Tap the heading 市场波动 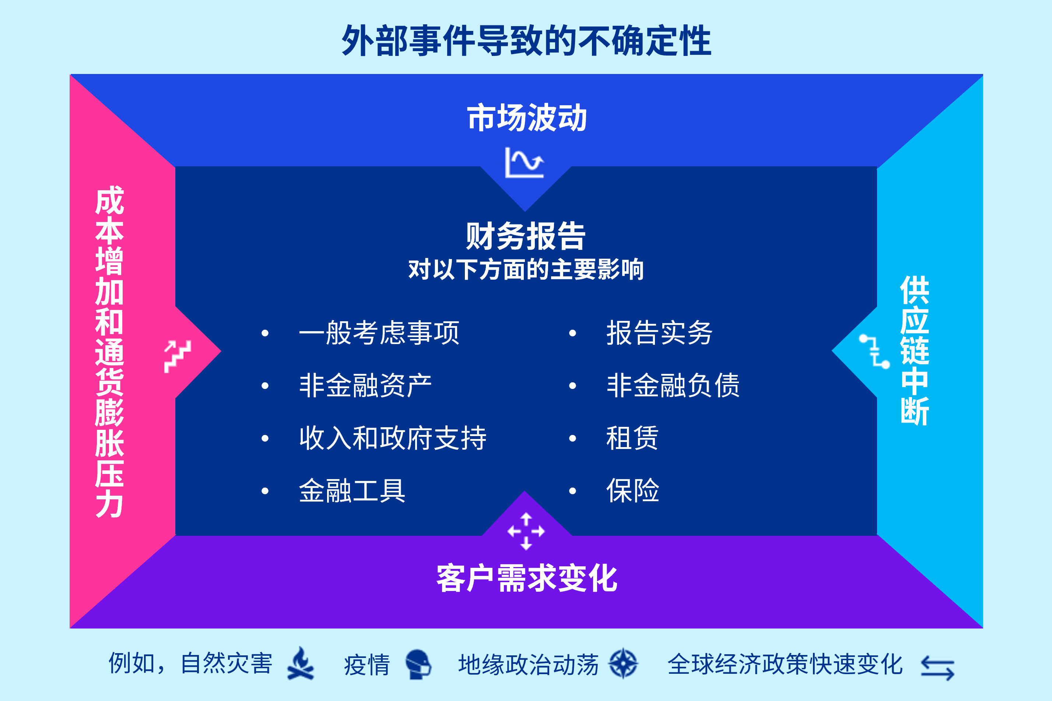pyautogui.click(x=526, y=118)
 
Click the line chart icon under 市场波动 pyautogui.click(x=525, y=162)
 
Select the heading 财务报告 pyautogui.click(x=525, y=236)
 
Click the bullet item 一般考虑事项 pyautogui.click(x=379, y=333)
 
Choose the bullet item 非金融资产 pyautogui.click(x=365, y=385)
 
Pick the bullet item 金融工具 pyautogui.click(x=352, y=491)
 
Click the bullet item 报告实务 pyautogui.click(x=659, y=333)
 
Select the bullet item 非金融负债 pyautogui.click(x=673, y=385)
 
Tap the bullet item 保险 pyautogui.click(x=633, y=491)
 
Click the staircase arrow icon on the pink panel pyautogui.click(x=178, y=356)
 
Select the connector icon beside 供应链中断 pyautogui.click(x=874, y=351)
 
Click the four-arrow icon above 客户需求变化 pyautogui.click(x=526, y=531)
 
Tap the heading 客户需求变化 pyautogui.click(x=527, y=578)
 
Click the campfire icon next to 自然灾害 pyautogui.click(x=301, y=663)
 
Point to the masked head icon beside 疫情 pyautogui.click(x=418, y=664)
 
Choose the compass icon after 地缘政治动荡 pyautogui.click(x=623, y=664)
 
